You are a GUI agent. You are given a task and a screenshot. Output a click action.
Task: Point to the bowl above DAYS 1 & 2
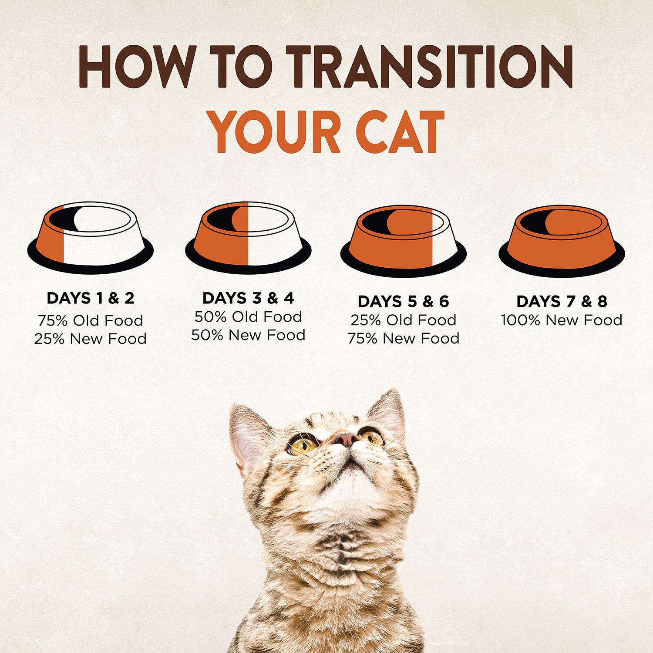pos(91,238)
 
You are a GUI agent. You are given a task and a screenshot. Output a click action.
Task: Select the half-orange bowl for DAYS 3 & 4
pos(248,238)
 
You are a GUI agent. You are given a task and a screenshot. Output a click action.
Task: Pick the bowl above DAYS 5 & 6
pos(404,241)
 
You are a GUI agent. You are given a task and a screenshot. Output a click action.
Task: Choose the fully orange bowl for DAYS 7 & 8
pos(562,241)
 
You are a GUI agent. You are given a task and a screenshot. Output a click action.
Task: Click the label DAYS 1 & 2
pos(91,298)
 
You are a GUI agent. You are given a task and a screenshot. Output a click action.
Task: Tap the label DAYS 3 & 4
pos(248,298)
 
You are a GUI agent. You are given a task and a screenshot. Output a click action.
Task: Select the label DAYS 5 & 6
pos(403,301)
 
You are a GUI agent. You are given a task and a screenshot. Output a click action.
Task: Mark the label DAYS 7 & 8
pos(562,301)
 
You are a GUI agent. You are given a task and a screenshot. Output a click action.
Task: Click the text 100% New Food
pos(562,320)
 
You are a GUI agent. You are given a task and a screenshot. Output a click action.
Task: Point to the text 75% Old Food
pos(91,321)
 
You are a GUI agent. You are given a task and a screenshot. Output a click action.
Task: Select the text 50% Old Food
pos(248,317)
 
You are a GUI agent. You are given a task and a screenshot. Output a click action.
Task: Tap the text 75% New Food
pos(403,339)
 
